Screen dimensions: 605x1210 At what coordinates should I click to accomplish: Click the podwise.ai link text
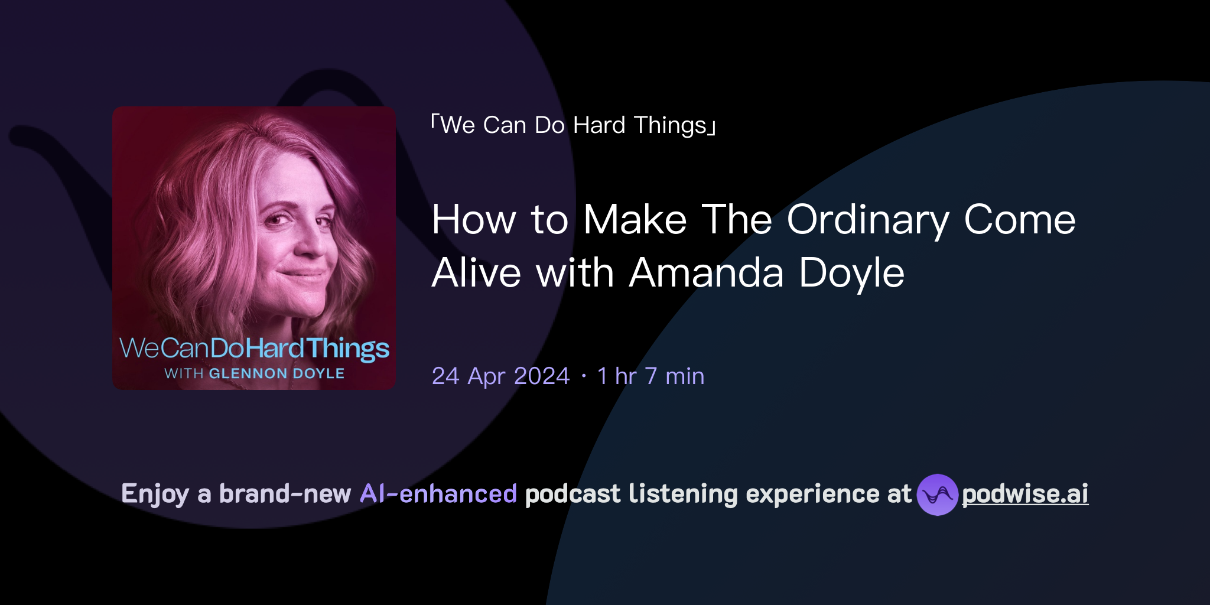pyautogui.click(x=1024, y=494)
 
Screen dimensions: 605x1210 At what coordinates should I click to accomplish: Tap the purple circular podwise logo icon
pyautogui.click(x=937, y=495)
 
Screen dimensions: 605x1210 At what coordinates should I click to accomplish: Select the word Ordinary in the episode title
pyautogui.click(x=867, y=220)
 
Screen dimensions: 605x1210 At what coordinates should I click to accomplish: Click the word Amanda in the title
pyautogui.click(x=706, y=273)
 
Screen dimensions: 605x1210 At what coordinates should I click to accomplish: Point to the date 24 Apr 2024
pyautogui.click(x=500, y=376)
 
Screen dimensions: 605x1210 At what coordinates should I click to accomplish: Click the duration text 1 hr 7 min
pyautogui.click(x=650, y=376)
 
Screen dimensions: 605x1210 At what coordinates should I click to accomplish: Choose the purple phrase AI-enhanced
pyautogui.click(x=438, y=494)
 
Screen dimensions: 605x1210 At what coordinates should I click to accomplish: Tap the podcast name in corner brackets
pyautogui.click(x=573, y=125)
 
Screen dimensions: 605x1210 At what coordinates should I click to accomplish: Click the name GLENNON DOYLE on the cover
pyautogui.click(x=277, y=373)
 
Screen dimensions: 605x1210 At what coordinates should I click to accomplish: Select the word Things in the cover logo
pyautogui.click(x=347, y=349)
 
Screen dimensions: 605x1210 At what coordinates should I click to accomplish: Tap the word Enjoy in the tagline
pyautogui.click(x=155, y=495)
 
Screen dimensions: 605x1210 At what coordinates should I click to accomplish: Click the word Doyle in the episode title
pyautogui.click(x=851, y=273)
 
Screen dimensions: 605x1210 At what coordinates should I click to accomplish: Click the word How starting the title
pyautogui.click(x=474, y=220)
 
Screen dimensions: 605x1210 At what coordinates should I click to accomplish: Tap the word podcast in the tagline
pyautogui.click(x=573, y=494)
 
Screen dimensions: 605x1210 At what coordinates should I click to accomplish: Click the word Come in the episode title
pyautogui.click(x=1019, y=220)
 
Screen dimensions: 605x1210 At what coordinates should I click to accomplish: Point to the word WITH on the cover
pyautogui.click(x=184, y=373)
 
